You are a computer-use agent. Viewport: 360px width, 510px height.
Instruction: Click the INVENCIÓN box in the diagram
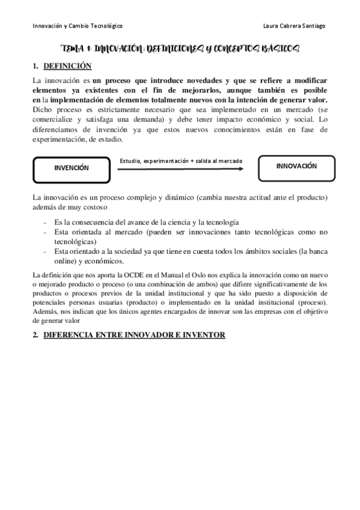[x=71, y=168]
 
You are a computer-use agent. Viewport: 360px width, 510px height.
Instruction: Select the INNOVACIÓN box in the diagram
[x=296, y=167]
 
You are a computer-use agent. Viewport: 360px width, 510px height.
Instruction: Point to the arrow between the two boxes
[x=180, y=169]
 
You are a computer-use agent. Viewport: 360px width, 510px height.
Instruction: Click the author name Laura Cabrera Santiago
[x=295, y=26]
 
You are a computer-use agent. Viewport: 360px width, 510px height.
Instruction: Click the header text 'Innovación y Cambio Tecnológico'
[x=78, y=26]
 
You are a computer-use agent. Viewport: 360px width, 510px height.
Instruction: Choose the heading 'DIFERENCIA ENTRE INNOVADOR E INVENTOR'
[x=135, y=334]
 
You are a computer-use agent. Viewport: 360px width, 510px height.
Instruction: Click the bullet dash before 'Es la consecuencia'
[x=46, y=222]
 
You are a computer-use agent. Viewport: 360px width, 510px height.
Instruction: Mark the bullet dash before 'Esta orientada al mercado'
[x=46, y=232]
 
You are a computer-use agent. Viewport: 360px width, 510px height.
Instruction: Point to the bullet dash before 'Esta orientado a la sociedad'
[x=46, y=251]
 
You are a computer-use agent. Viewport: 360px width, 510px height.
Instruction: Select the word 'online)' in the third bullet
[x=67, y=260]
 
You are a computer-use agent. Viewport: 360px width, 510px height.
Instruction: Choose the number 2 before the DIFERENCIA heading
[x=35, y=334]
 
